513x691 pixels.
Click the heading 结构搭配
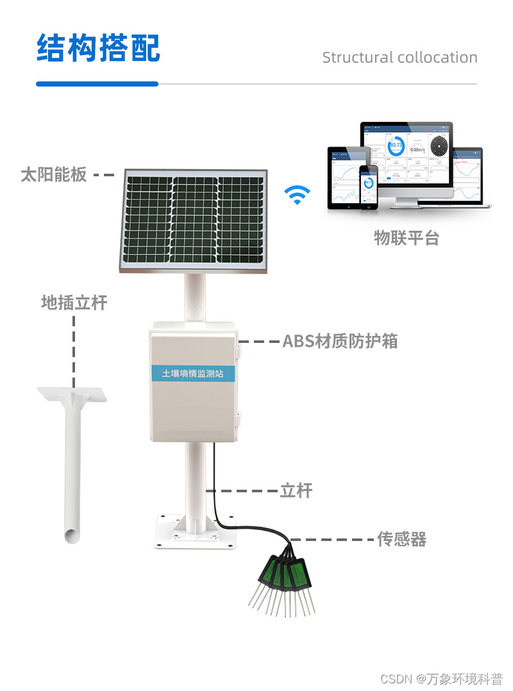tap(97, 48)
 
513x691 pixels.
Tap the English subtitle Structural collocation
tap(399, 58)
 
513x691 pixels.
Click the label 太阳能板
tap(54, 174)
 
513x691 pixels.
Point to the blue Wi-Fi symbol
tap(297, 195)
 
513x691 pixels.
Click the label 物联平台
tap(407, 238)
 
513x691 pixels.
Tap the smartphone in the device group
tap(369, 187)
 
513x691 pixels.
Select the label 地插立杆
tap(74, 303)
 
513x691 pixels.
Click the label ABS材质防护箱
tap(340, 341)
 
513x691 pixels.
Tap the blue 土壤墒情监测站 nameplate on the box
tap(192, 373)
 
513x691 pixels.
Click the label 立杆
tap(296, 491)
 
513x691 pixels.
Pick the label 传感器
tap(401, 539)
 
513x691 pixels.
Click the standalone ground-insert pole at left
tap(72, 462)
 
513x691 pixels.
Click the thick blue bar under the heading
tap(97, 84)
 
